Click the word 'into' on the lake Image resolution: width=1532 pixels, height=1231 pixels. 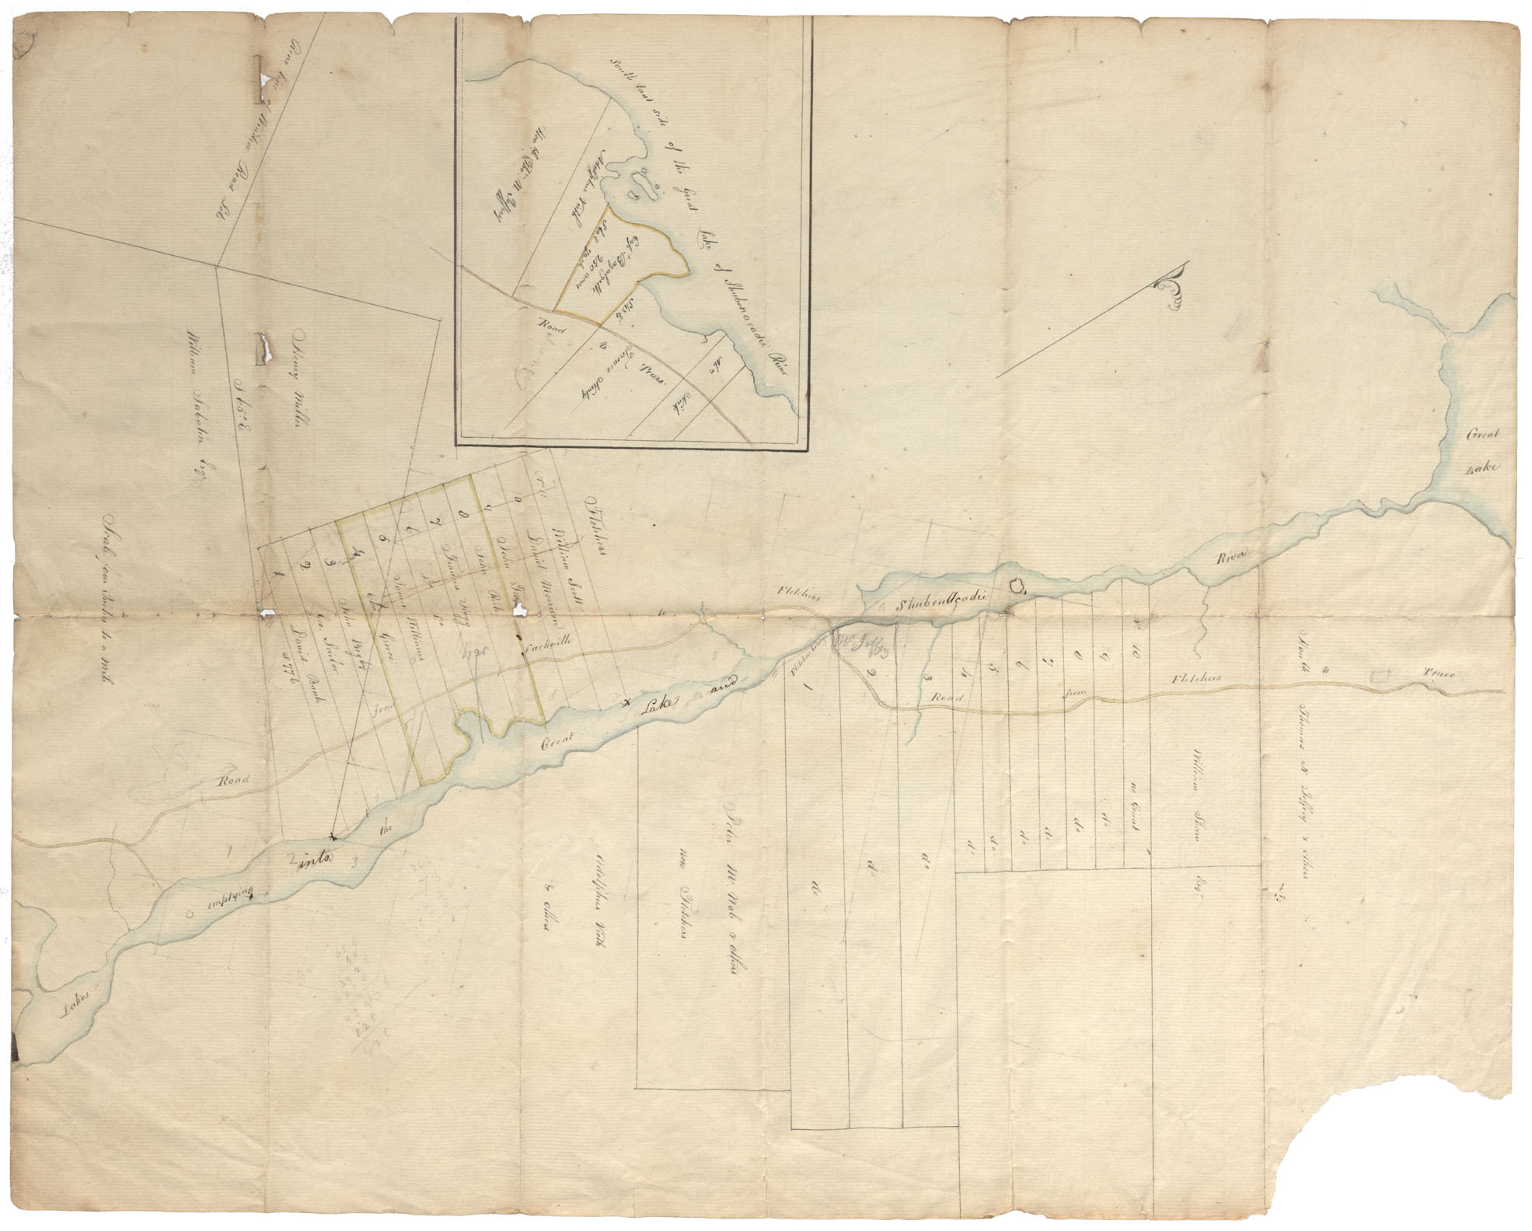coord(312,859)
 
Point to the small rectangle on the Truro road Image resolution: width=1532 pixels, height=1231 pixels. coord(1381,677)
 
